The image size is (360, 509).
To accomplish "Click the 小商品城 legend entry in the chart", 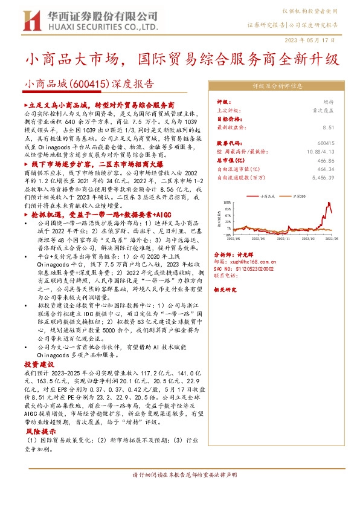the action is click(x=266, y=196).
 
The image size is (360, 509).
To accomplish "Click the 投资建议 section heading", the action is click(x=39, y=365).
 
